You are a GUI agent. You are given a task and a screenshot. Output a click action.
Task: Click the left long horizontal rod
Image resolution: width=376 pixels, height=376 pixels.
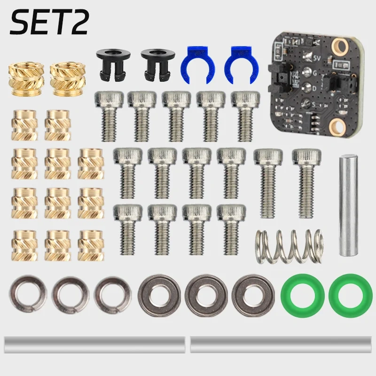coord(94,345)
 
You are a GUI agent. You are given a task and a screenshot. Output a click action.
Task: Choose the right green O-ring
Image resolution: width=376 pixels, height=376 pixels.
coord(347,295)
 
